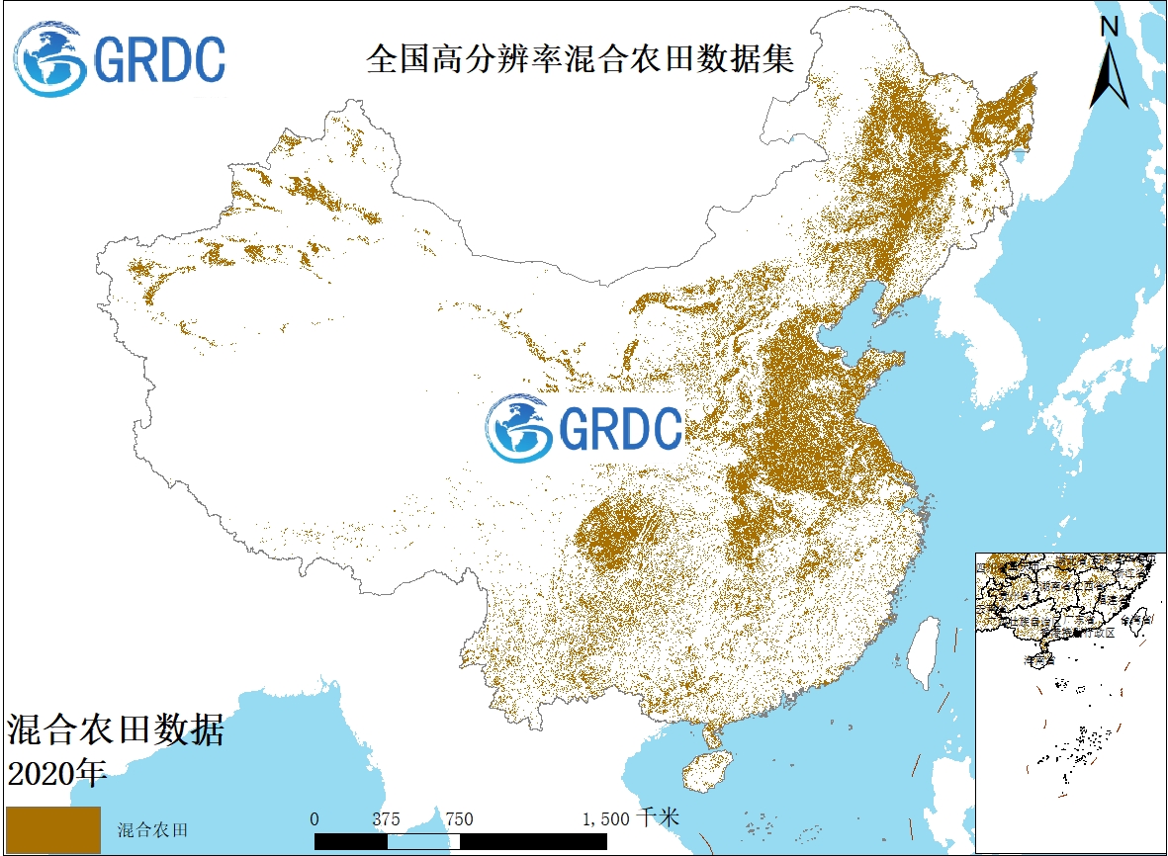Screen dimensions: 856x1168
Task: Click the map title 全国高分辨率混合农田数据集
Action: (580, 58)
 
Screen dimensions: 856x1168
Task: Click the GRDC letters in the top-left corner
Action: (159, 59)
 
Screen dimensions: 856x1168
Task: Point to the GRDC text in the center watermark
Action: (620, 428)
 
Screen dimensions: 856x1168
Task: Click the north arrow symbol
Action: (1110, 74)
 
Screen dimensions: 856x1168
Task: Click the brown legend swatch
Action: (53, 829)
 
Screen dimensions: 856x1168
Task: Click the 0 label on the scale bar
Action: (314, 818)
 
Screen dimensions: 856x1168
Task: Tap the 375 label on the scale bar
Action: (387, 818)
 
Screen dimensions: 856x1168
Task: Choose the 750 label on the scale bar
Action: (459, 818)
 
